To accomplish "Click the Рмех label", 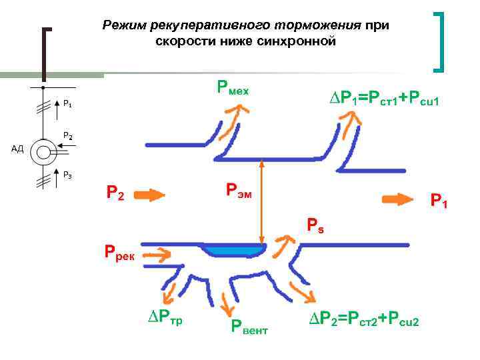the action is [232, 87].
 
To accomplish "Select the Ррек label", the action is [119, 253].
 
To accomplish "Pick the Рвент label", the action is [249, 326].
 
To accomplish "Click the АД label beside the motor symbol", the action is [17, 149].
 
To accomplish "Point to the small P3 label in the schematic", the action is [68, 175].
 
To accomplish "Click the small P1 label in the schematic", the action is [68, 104].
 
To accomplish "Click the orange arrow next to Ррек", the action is [161, 253].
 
